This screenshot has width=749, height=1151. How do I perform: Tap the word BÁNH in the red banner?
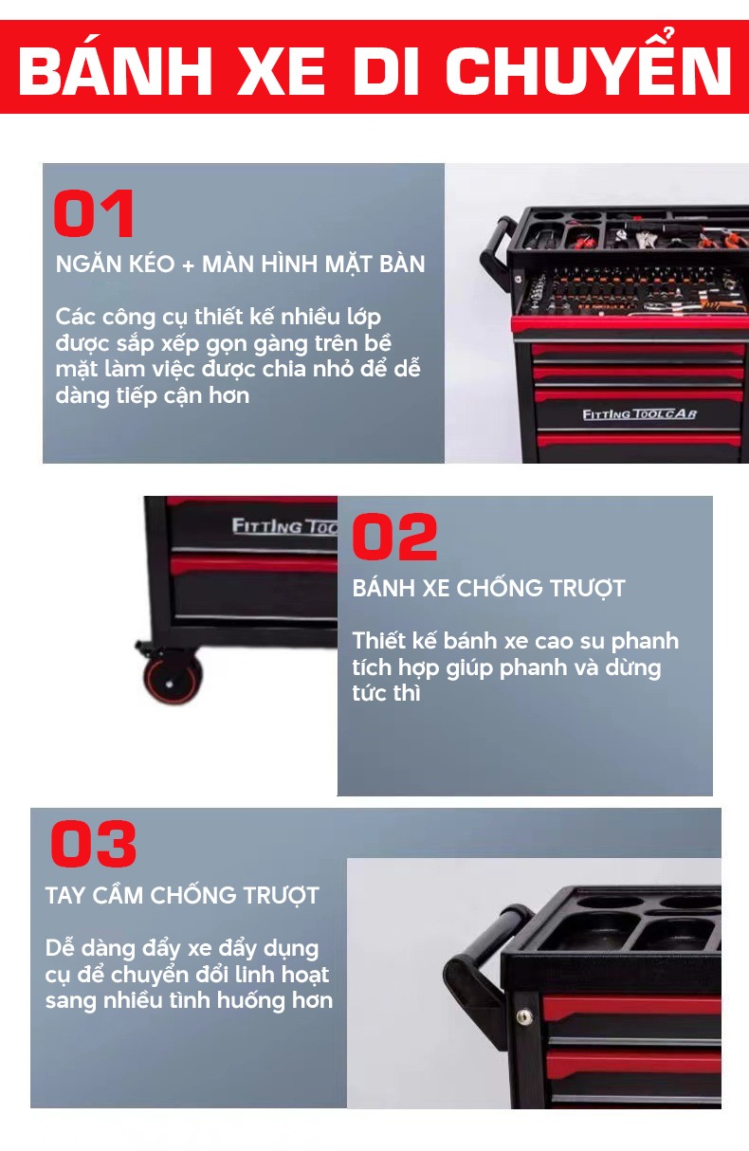pos(115,71)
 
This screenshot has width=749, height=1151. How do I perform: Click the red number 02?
pos(394,537)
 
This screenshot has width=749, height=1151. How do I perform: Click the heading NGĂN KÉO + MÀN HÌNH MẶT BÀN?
pos(240,265)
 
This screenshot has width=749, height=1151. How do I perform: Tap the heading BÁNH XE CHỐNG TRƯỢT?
pos(488,588)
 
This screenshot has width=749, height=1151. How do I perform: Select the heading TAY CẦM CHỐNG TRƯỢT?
pos(182,895)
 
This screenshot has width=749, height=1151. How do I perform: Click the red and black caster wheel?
pos(172,679)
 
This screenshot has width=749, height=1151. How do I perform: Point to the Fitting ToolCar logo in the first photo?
pos(639,414)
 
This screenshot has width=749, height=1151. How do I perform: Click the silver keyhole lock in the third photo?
pos(523,1016)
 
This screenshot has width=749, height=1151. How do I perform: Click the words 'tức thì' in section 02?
pos(386,693)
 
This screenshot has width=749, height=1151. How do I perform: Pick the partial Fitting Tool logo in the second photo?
pos(283,525)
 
